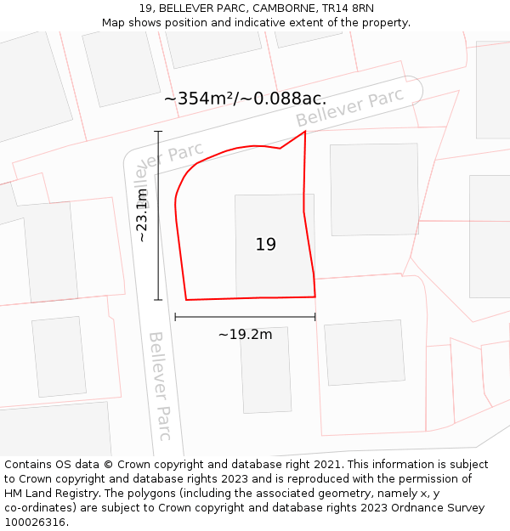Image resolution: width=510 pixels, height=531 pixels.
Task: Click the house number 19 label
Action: coord(265,245)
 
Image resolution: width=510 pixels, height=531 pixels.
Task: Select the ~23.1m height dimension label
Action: coord(143,215)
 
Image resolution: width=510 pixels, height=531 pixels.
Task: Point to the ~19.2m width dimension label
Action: coord(245,334)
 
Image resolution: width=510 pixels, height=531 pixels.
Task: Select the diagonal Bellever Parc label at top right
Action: coord(349,108)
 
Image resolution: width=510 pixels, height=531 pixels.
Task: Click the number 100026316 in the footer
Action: coord(37,522)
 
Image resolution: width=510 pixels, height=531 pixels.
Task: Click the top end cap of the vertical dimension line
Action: coord(158,132)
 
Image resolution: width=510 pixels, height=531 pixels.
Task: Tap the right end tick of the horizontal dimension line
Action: coord(315,317)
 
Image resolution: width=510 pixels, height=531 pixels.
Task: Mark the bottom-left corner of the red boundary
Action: coord(186,300)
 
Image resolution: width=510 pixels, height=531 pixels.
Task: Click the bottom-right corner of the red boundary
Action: coord(315,297)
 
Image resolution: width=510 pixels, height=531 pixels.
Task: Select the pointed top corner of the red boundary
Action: coord(305,131)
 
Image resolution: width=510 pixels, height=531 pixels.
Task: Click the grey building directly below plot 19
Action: coord(265,370)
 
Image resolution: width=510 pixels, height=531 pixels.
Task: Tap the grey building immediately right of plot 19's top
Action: coord(374,189)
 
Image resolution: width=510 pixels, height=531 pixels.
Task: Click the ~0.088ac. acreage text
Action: coord(285,99)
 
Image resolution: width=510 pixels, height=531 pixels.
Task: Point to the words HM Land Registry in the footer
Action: coord(43,494)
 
